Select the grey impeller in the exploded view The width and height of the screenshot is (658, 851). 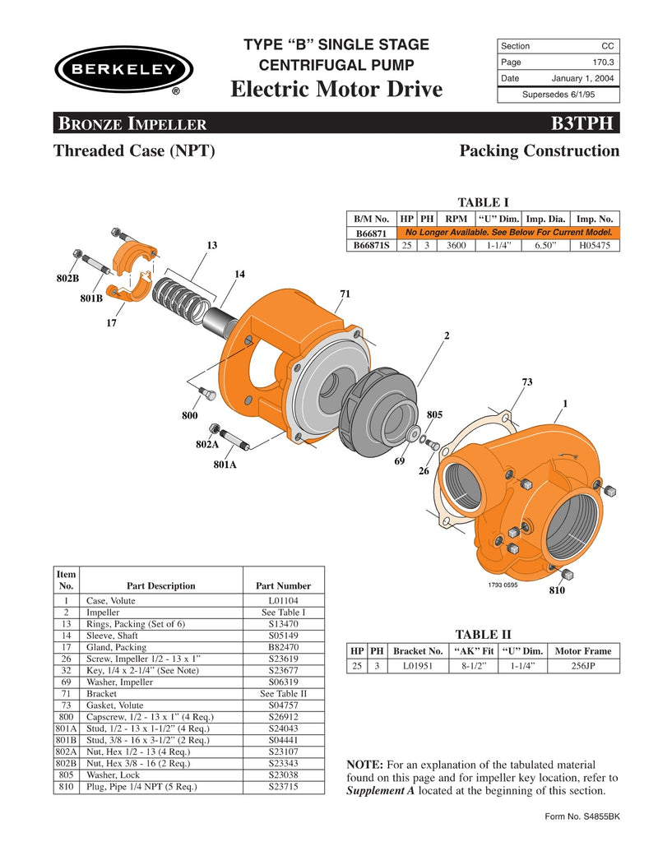coord(379,408)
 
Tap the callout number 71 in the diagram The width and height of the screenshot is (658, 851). coord(345,294)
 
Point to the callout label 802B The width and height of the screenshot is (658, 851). coord(67,279)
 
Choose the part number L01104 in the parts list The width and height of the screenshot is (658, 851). coord(283,601)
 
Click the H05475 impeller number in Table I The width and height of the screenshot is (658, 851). coord(595,245)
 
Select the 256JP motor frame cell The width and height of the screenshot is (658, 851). coord(583,666)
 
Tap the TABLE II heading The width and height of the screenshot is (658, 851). coord(483,634)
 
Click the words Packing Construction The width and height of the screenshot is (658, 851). coord(539,151)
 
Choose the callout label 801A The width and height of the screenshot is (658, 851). coord(225,465)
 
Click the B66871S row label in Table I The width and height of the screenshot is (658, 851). coord(371,245)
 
